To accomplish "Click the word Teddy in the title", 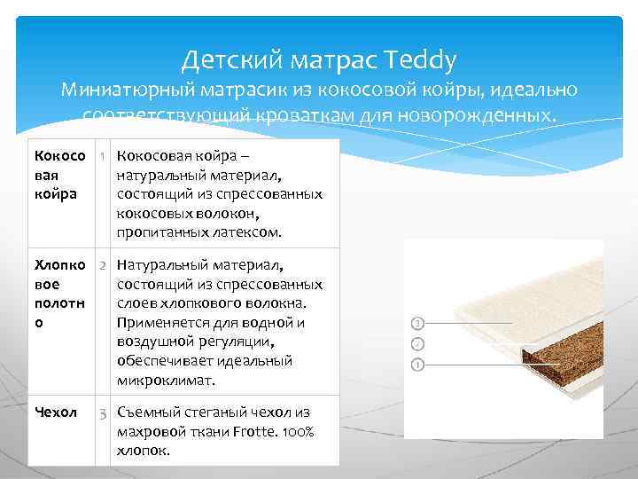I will (422, 60).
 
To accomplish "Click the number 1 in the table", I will (104, 157).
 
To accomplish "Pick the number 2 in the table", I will (104, 265).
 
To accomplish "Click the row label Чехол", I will (55, 412).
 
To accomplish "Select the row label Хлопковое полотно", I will (59, 294).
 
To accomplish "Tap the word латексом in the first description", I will (250, 232).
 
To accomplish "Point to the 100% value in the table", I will (298, 431).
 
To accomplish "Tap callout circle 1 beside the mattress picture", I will (417, 365).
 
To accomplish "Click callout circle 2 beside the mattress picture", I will (417, 342).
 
